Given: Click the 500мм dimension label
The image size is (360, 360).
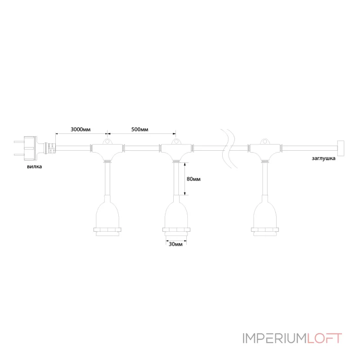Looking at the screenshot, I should click(x=140, y=130).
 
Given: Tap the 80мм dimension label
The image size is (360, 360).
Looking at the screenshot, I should click(x=193, y=179).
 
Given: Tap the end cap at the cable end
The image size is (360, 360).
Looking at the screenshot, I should click(x=340, y=148).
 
